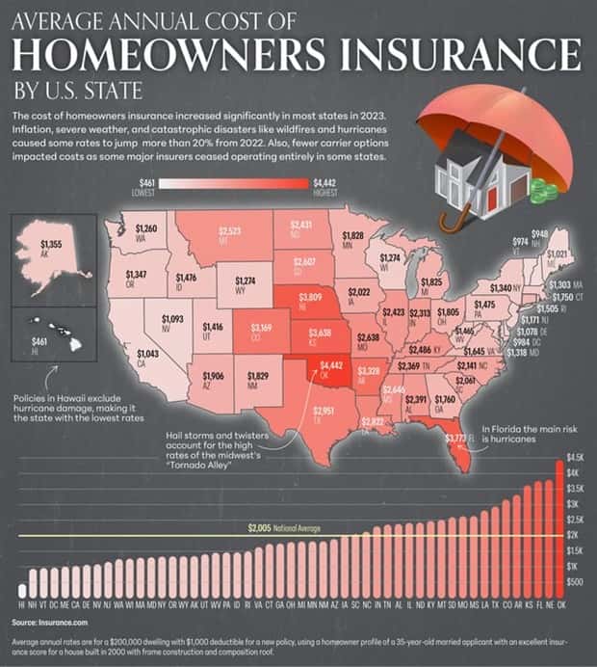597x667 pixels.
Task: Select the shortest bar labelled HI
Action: coord(22,590)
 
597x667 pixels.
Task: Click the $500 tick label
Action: coord(576,581)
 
